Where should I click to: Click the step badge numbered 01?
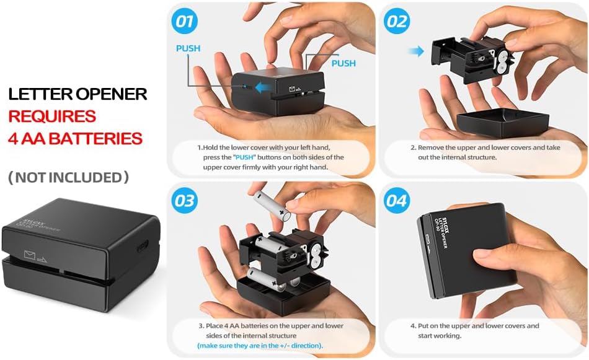[x=184, y=22]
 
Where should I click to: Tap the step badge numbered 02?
[x=397, y=22]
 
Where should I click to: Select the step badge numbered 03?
[x=184, y=201]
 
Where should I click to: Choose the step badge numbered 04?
[x=397, y=201]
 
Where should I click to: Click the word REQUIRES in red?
[x=52, y=116]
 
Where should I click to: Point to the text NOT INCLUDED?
[x=68, y=178]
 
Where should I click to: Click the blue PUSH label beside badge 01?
[x=188, y=48]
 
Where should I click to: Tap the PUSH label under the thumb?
[x=343, y=63]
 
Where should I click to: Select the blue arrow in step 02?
[x=417, y=51]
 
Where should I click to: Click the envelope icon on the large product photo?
[x=29, y=253]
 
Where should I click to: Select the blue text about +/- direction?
[x=260, y=345]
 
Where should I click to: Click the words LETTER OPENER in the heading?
[x=77, y=94]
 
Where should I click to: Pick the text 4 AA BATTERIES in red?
[x=75, y=138]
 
